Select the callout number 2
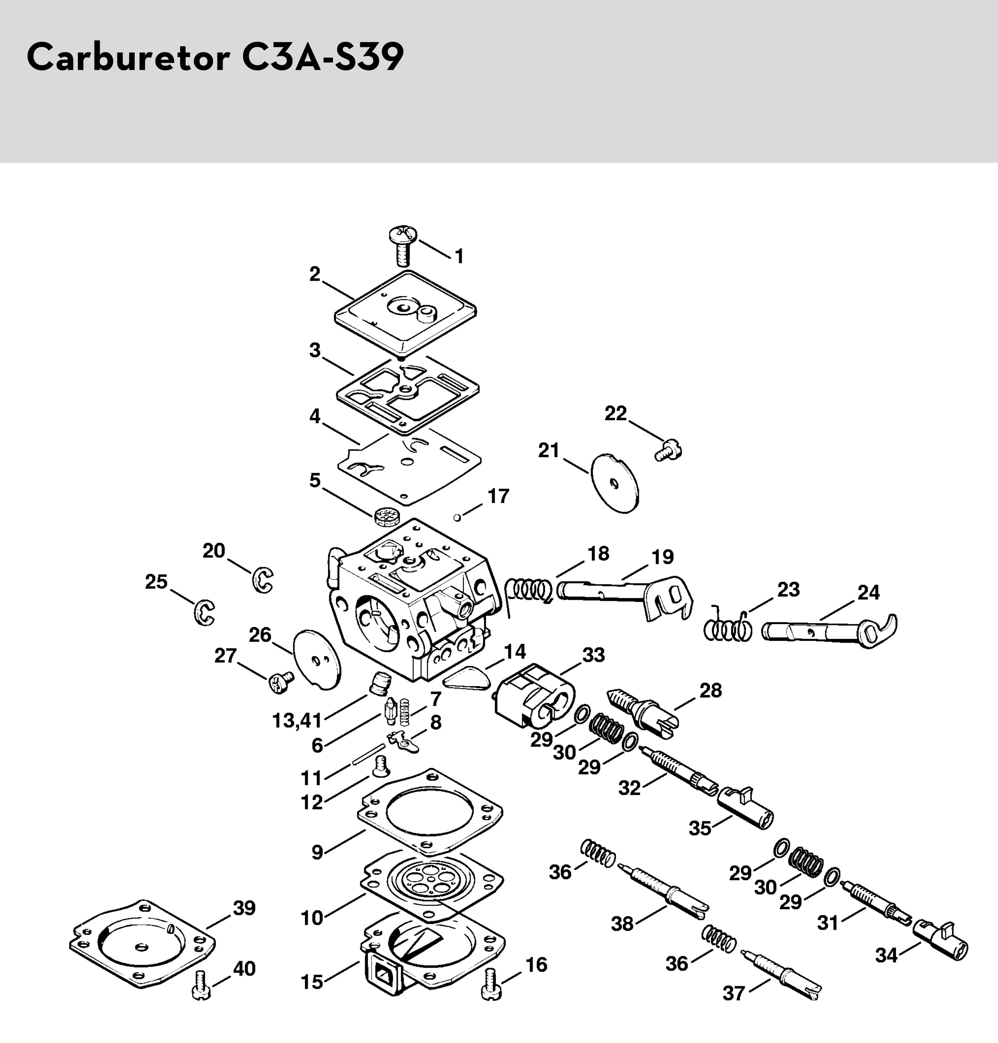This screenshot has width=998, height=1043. (x=315, y=274)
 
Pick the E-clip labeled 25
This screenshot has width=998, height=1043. (x=204, y=612)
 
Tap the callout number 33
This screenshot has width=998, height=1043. (x=593, y=655)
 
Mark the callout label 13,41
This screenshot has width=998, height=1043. (x=297, y=721)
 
